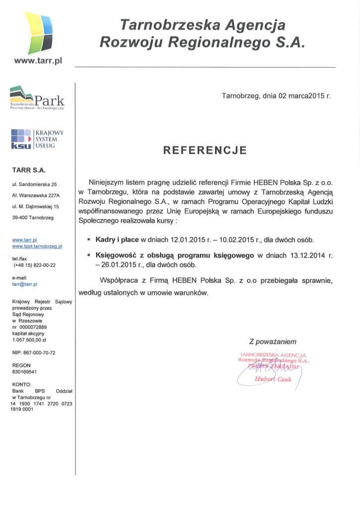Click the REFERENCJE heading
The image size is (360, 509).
point(205,150)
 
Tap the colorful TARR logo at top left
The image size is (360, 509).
point(38,33)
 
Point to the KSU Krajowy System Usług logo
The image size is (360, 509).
point(36,139)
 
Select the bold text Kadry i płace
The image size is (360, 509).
point(118,240)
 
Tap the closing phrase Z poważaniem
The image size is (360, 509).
point(272,341)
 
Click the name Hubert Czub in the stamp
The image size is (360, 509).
point(272,379)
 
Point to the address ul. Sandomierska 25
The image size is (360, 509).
point(34,184)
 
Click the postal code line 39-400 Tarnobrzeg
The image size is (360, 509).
point(33,217)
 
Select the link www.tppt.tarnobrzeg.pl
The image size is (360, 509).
point(37,246)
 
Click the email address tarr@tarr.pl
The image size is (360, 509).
point(25,284)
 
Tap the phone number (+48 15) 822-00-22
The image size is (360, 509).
point(34,265)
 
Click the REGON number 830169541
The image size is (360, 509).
point(24,371)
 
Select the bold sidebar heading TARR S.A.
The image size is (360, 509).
point(29,170)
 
